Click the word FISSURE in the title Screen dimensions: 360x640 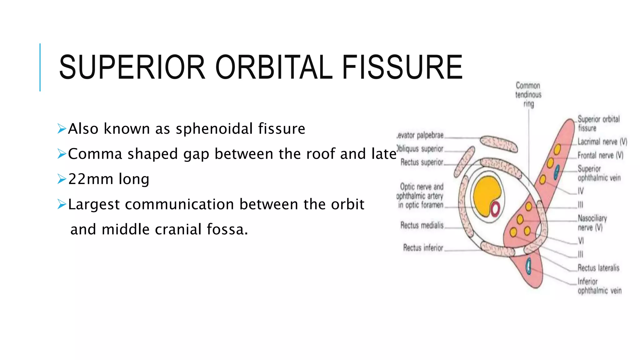click(x=402, y=67)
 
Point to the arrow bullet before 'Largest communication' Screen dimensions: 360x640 click(x=62, y=204)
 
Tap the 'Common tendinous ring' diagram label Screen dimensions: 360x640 click(x=528, y=94)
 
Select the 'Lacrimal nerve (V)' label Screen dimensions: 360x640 click(x=602, y=142)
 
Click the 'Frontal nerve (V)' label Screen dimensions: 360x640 click(x=600, y=155)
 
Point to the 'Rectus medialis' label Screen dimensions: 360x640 click(x=422, y=225)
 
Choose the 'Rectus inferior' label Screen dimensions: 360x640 click(x=423, y=248)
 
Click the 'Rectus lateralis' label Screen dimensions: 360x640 click(x=598, y=268)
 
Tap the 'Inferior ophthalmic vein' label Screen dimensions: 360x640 click(x=599, y=286)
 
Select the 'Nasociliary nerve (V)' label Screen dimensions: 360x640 click(x=592, y=222)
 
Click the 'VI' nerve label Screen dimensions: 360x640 click(x=581, y=241)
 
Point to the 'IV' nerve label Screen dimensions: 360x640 click(x=580, y=191)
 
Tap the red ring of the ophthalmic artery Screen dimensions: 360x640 click(x=495, y=209)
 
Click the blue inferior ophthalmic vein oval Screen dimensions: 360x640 click(x=528, y=266)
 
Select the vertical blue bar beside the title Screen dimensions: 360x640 click(x=40, y=67)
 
